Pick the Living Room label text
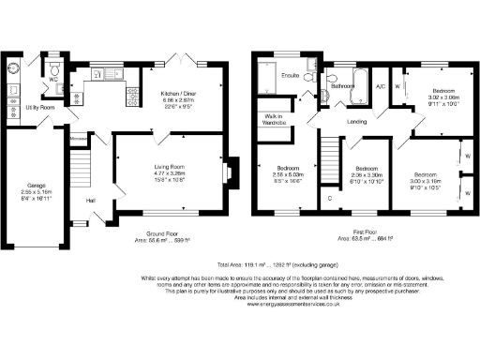[x=170, y=167]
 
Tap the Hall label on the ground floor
[x=91, y=201]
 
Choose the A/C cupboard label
[x=381, y=87]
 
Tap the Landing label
[x=355, y=121]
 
